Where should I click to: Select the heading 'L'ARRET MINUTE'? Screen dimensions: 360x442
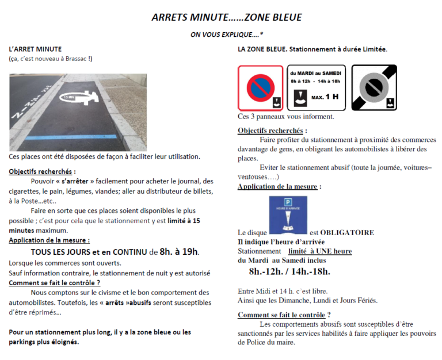35,49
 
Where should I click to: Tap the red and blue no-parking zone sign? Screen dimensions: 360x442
261,88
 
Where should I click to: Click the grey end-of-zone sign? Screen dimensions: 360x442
374,88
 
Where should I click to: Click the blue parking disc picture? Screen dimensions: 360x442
288,215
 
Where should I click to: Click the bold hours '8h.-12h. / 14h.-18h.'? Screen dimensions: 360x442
289,271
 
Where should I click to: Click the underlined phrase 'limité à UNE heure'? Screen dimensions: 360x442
319,251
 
